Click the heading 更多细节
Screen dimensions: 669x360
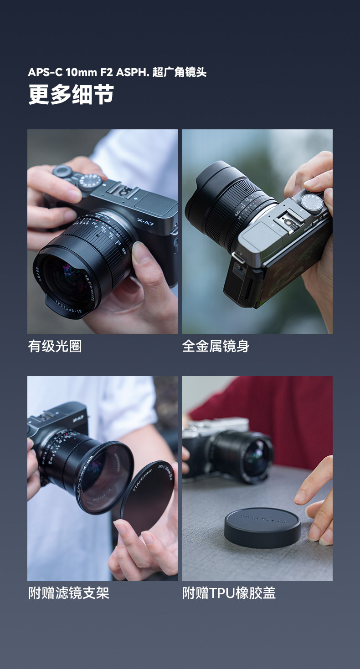point(71,94)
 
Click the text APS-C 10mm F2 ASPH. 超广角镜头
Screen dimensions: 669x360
point(117,72)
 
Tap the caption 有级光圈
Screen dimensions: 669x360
point(55,346)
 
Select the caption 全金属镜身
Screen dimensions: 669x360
point(216,346)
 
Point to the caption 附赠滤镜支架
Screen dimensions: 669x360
point(68,593)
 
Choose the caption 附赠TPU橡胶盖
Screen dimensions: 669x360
point(229,593)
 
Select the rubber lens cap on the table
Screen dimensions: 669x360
point(262,527)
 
